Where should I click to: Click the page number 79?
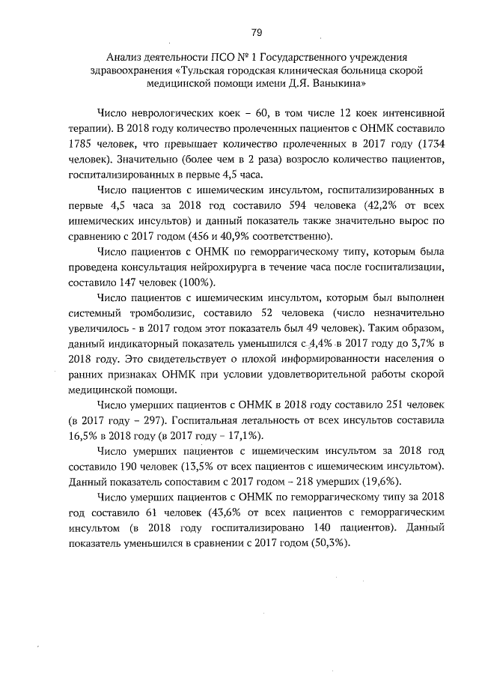(256, 32)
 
